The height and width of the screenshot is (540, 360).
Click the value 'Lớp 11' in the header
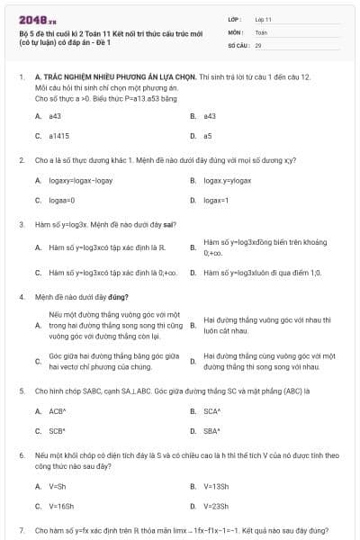264,19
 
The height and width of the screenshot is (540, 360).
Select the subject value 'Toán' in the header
261,31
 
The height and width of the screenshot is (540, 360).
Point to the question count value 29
258,44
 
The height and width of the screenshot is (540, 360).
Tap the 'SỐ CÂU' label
238,44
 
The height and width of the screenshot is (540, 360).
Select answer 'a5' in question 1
208,135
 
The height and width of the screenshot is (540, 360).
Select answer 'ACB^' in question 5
58,410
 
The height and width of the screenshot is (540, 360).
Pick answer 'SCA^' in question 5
212,410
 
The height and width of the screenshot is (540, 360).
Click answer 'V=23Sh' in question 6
216,506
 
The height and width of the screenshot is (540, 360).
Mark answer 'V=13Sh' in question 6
216,486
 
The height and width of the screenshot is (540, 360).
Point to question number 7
22,531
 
